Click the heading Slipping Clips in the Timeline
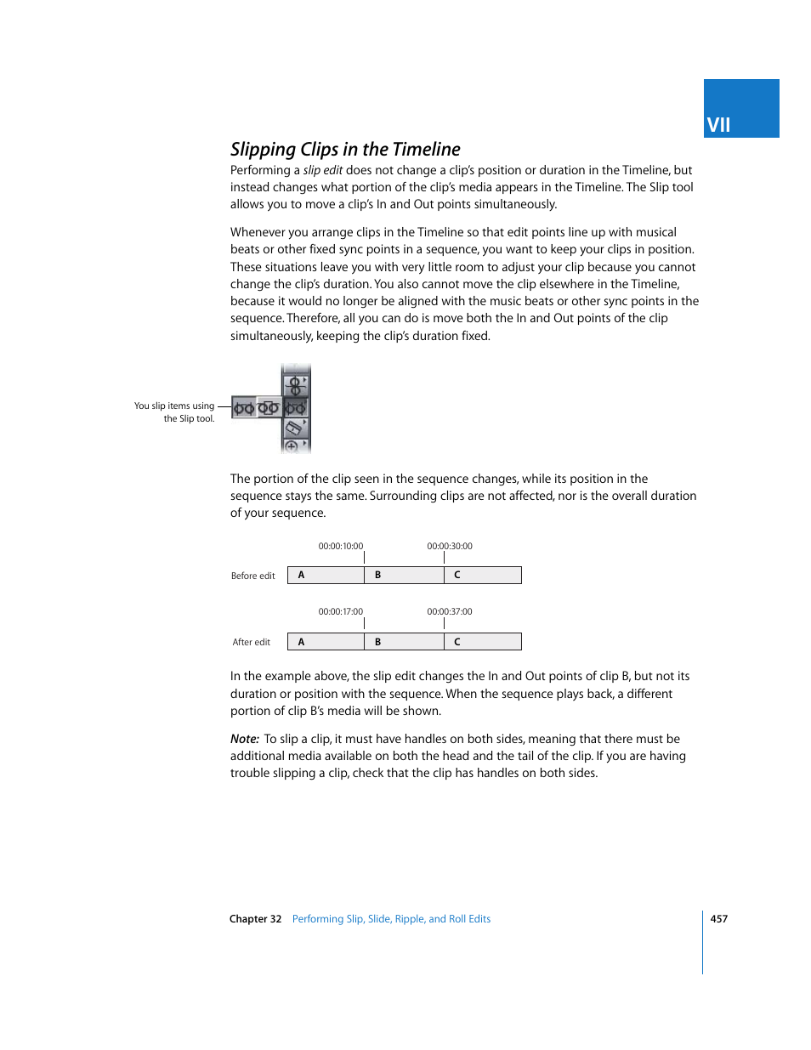(x=345, y=150)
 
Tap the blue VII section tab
(x=740, y=109)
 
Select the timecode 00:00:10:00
(x=340, y=546)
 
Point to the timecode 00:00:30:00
(x=449, y=546)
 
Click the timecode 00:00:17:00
(x=340, y=611)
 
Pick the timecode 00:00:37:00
(x=449, y=611)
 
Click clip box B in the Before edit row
(x=404, y=576)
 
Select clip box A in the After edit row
(x=326, y=642)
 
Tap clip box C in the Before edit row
(x=482, y=576)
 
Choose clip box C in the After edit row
(x=482, y=642)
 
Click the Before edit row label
(x=252, y=576)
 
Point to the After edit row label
(x=251, y=642)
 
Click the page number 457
(x=718, y=918)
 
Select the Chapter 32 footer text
(x=255, y=918)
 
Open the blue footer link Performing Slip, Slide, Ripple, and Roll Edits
(x=391, y=918)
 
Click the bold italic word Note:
(x=244, y=739)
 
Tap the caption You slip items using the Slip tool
(x=175, y=411)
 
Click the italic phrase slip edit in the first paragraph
(x=322, y=170)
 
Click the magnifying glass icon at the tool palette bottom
(x=292, y=446)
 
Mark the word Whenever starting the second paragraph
(x=258, y=232)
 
